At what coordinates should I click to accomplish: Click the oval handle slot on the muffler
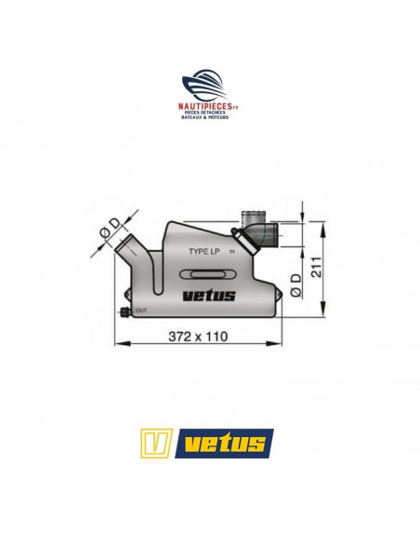tap(209, 274)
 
